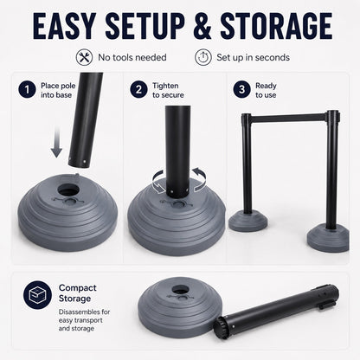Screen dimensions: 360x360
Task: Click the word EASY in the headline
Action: pyautogui.click(x=64, y=26)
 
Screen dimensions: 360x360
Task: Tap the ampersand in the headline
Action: pyautogui.click(x=202, y=26)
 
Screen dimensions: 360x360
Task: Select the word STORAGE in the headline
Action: pyautogui.click(x=276, y=26)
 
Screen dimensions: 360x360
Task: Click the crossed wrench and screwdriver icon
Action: pyautogui.click(x=84, y=57)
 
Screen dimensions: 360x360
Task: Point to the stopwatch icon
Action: pyautogui.click(x=203, y=57)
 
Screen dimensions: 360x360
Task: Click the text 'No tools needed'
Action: pyautogui.click(x=132, y=57)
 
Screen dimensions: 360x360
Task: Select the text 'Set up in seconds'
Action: pyautogui.click(x=253, y=57)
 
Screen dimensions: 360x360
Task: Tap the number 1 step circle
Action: pyautogui.click(x=27, y=90)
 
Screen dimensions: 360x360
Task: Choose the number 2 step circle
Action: pyautogui.click(x=138, y=90)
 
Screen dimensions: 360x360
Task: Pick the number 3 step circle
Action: pyautogui.click(x=241, y=90)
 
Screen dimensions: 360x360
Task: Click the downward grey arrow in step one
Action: pyautogui.click(x=57, y=142)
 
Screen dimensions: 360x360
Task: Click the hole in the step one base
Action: pyautogui.click(x=68, y=190)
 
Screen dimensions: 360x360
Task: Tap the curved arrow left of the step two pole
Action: pyautogui.click(x=157, y=182)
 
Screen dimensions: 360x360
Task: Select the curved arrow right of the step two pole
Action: pyautogui.click(x=200, y=179)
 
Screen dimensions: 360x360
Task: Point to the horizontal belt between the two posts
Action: pyautogui.click(x=288, y=119)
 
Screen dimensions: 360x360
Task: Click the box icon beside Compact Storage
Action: pyautogui.click(x=37, y=295)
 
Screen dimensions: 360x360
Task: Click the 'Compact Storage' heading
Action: pyautogui.click(x=78, y=293)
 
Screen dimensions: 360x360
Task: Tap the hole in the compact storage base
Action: pyautogui.click(x=180, y=290)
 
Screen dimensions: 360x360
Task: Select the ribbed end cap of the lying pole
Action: pyautogui.click(x=222, y=326)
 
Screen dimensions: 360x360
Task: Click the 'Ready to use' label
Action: pyautogui.click(x=266, y=90)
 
